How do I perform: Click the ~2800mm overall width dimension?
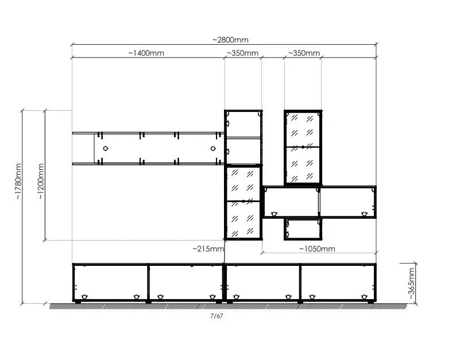[x=230, y=40]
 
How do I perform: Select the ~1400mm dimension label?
[x=146, y=53]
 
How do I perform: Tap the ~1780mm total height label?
[x=18, y=181]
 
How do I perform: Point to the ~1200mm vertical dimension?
[x=41, y=181]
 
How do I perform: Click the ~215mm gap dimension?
[x=208, y=249]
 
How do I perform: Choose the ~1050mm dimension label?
[x=317, y=249]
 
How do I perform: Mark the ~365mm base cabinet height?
[x=411, y=283]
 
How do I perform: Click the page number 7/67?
[x=217, y=316]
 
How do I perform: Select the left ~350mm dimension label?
[x=242, y=53]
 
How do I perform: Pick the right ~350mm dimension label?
[x=304, y=53]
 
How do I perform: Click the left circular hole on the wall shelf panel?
[x=106, y=149]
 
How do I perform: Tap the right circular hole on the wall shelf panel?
[x=213, y=149]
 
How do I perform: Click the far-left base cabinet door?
[x=110, y=282]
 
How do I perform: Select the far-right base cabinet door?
[x=338, y=282]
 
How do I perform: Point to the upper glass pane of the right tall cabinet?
[x=303, y=129]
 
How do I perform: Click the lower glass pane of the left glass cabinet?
[x=243, y=219]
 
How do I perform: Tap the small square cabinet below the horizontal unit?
[x=303, y=229]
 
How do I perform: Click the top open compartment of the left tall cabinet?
[x=243, y=124]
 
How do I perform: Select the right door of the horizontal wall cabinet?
[x=347, y=202]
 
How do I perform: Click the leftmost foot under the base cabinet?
[x=78, y=301]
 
